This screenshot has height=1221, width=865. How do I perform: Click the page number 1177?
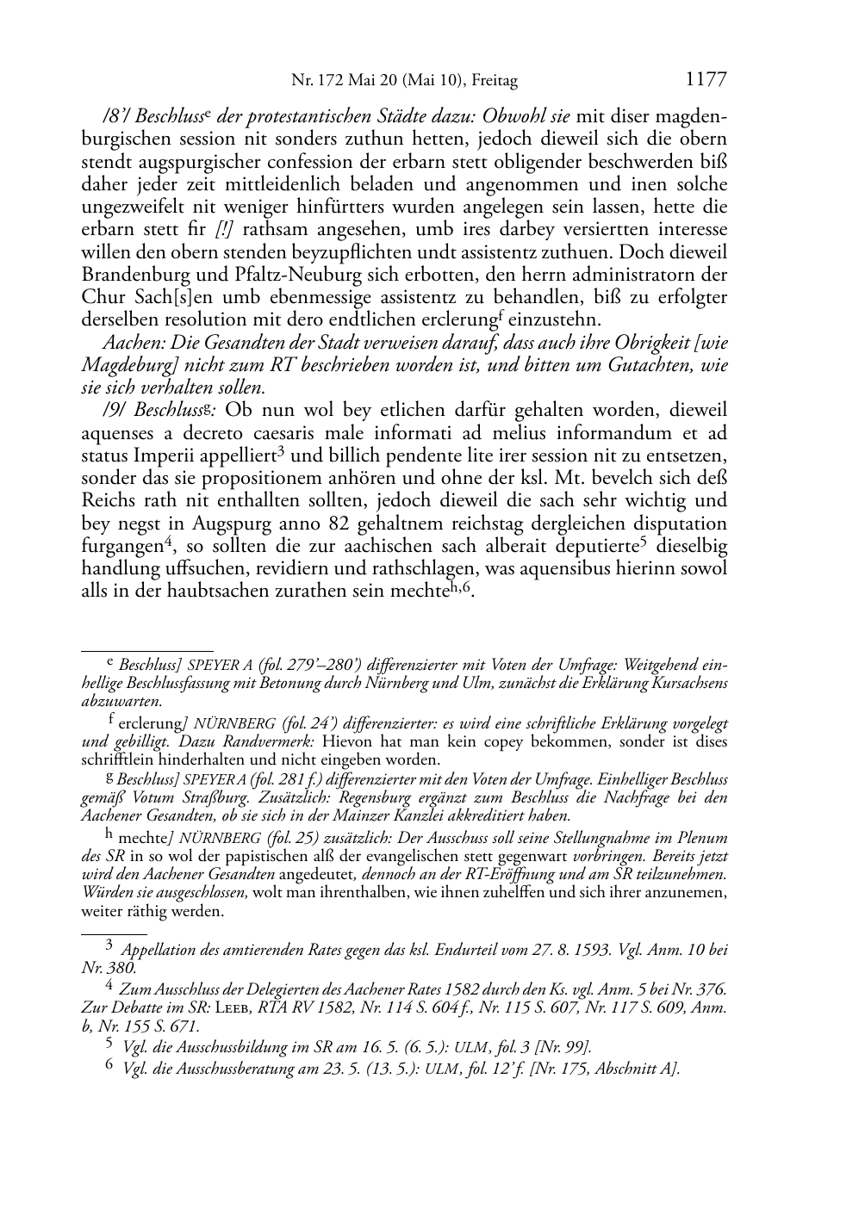[706, 80]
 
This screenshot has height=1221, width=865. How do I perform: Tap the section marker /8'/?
[115, 116]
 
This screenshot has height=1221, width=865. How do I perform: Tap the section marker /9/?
[113, 410]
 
